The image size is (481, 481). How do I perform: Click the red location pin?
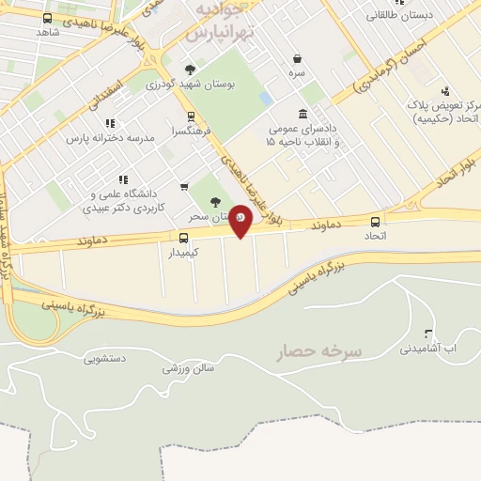(x=241, y=221)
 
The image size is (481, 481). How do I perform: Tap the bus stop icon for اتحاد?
(x=376, y=222)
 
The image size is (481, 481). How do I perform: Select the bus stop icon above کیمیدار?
(x=184, y=238)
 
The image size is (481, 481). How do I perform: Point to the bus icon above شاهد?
(x=48, y=18)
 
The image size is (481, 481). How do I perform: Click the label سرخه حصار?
(x=318, y=351)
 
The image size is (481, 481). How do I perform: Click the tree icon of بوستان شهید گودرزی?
(x=191, y=70)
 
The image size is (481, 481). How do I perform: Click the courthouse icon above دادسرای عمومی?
(x=303, y=114)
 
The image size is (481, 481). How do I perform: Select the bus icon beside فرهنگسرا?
(x=192, y=117)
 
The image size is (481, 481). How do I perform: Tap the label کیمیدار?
(x=184, y=253)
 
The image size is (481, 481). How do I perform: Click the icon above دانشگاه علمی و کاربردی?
(x=123, y=178)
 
